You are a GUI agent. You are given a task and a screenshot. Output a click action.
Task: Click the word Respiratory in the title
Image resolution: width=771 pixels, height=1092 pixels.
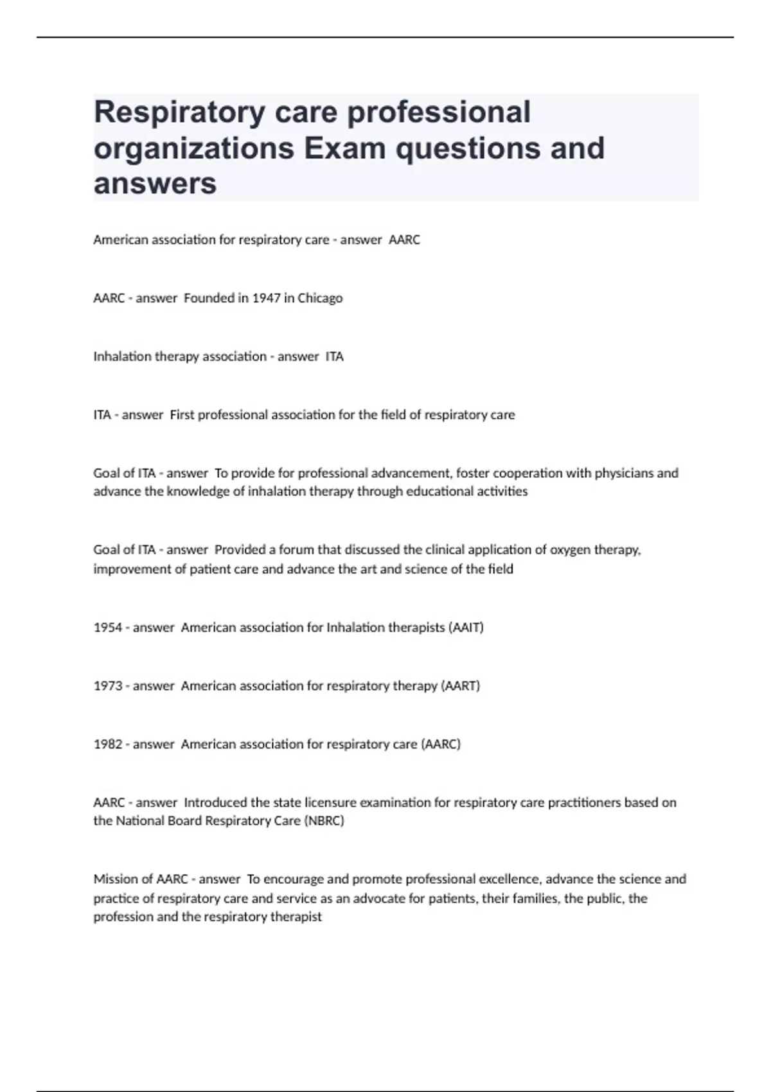(x=179, y=112)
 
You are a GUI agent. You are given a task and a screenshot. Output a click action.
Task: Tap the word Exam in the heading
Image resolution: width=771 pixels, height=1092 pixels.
(x=344, y=148)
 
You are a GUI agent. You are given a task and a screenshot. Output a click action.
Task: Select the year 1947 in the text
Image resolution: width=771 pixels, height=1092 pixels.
(x=266, y=298)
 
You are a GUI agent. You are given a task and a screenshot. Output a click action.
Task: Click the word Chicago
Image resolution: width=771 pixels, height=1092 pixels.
(x=320, y=298)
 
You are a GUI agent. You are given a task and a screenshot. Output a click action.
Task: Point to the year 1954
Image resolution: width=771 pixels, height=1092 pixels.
(x=107, y=628)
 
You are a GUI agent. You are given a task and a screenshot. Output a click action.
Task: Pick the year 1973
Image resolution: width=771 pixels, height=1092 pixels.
(x=107, y=686)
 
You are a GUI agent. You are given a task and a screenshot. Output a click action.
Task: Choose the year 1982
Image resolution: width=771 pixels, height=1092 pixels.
(x=107, y=744)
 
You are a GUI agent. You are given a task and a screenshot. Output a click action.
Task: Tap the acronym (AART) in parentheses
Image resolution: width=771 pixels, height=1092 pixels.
(x=461, y=686)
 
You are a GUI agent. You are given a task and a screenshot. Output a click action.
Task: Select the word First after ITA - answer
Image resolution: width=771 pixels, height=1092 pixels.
(x=182, y=415)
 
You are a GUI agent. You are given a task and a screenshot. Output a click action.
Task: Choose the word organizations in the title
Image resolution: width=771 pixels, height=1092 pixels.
(x=194, y=148)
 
